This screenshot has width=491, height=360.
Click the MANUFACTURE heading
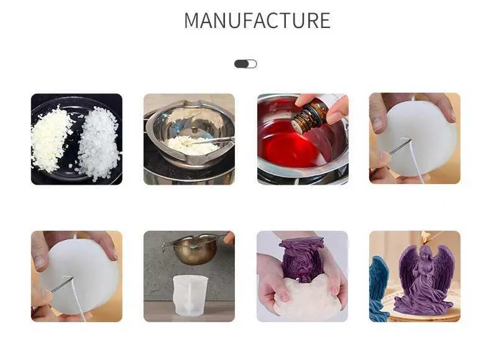[x=257, y=21]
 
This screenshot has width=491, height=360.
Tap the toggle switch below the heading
[x=245, y=64]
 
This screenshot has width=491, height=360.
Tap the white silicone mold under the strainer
[x=190, y=295]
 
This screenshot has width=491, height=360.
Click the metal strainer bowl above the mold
[x=193, y=250]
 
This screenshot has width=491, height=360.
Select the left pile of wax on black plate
[x=50, y=139]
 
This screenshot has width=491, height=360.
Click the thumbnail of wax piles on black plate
[x=76, y=139]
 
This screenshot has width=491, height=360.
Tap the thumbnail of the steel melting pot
[x=189, y=139]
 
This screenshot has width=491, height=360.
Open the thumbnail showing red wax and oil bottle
[x=303, y=139]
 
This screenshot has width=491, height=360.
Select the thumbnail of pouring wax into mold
[x=189, y=276]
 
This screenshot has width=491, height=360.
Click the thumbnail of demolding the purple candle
[x=302, y=276]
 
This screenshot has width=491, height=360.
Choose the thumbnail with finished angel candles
[x=415, y=276]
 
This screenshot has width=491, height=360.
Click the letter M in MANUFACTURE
[x=193, y=21]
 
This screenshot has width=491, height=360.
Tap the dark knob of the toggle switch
[x=241, y=64]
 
